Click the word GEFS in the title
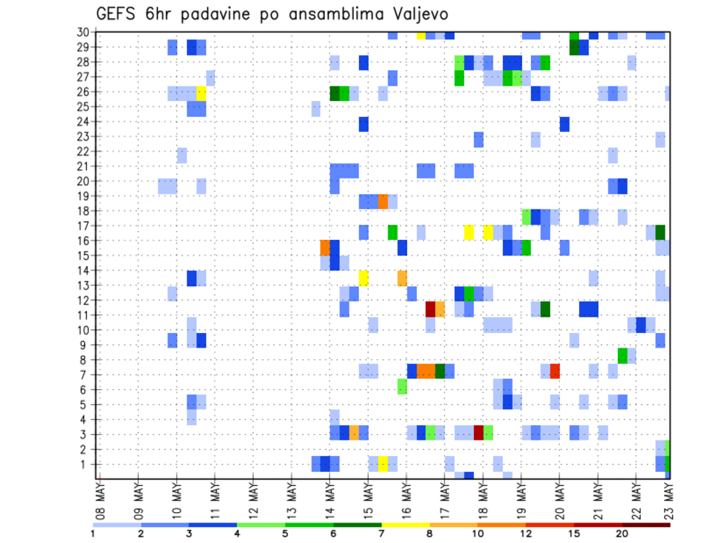pyautogui.click(x=118, y=14)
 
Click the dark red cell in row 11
pyautogui.click(x=431, y=308)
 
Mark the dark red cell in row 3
pyautogui.click(x=478, y=432)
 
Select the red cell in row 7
pyautogui.click(x=554, y=371)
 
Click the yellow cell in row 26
pyautogui.click(x=201, y=93)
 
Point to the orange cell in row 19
pyautogui.click(x=382, y=201)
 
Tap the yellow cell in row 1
pyautogui.click(x=382, y=463)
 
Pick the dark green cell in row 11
pyautogui.click(x=545, y=308)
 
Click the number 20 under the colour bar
pyautogui.click(x=622, y=533)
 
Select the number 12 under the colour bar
pyautogui.click(x=526, y=533)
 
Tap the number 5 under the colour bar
pyautogui.click(x=285, y=533)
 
